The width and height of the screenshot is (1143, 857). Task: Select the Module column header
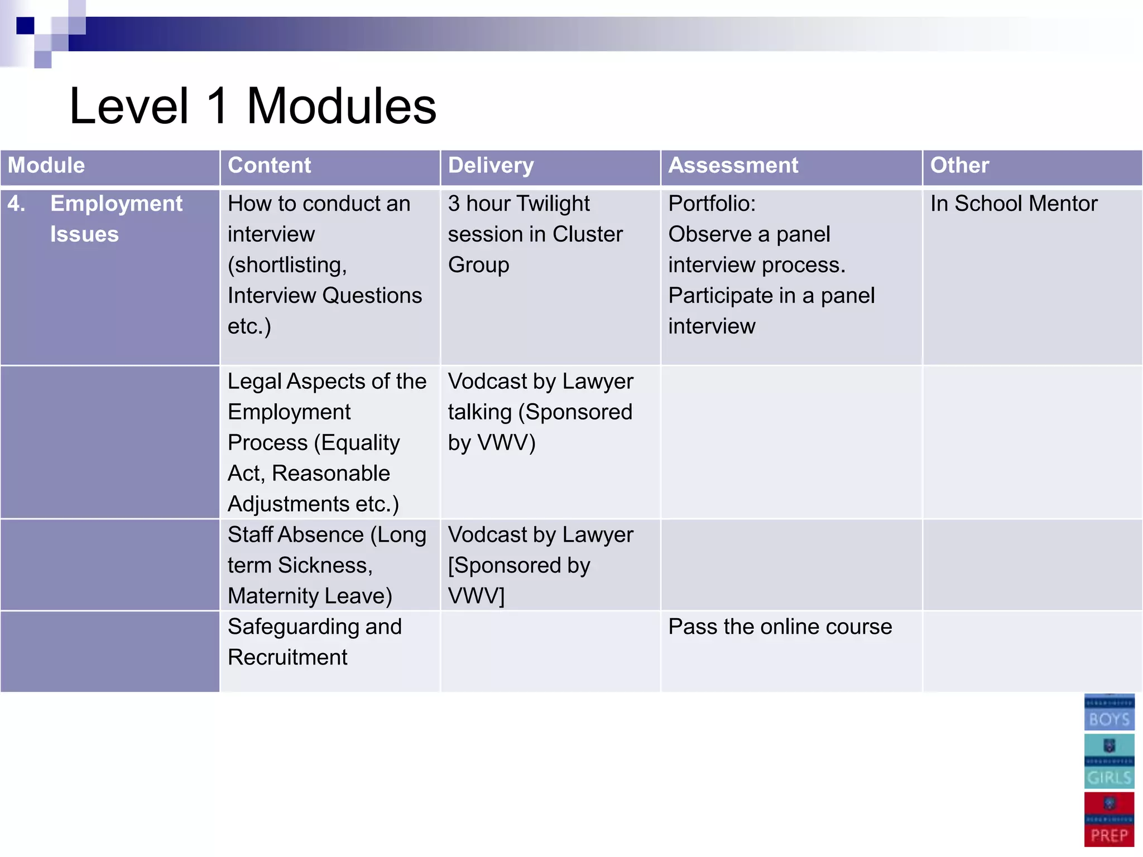pyautogui.click(x=46, y=166)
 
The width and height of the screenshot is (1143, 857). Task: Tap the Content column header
pyautogui.click(x=270, y=166)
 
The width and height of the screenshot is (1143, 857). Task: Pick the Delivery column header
pyautogui.click(x=491, y=166)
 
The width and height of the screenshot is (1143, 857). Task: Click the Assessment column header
pyautogui.click(x=733, y=166)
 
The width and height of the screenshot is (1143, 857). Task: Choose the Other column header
pyautogui.click(x=959, y=166)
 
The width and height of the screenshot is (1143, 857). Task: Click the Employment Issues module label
pyautogui.click(x=116, y=219)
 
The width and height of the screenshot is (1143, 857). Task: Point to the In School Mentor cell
pyautogui.click(x=1014, y=204)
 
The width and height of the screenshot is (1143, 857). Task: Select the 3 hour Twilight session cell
pyautogui.click(x=535, y=234)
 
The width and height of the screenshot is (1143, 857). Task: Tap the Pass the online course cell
pyautogui.click(x=780, y=627)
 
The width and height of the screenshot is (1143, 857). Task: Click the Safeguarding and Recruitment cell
pyautogui.click(x=314, y=642)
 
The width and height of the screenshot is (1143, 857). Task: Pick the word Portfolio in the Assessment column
pyautogui.click(x=712, y=204)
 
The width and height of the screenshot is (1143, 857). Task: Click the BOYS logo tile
pyautogui.click(x=1109, y=712)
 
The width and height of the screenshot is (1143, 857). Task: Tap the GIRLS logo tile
pyautogui.click(x=1109, y=761)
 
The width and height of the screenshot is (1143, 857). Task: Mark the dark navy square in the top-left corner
pyautogui.click(x=25, y=26)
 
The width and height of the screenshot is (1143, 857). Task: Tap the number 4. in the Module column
pyautogui.click(x=16, y=204)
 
